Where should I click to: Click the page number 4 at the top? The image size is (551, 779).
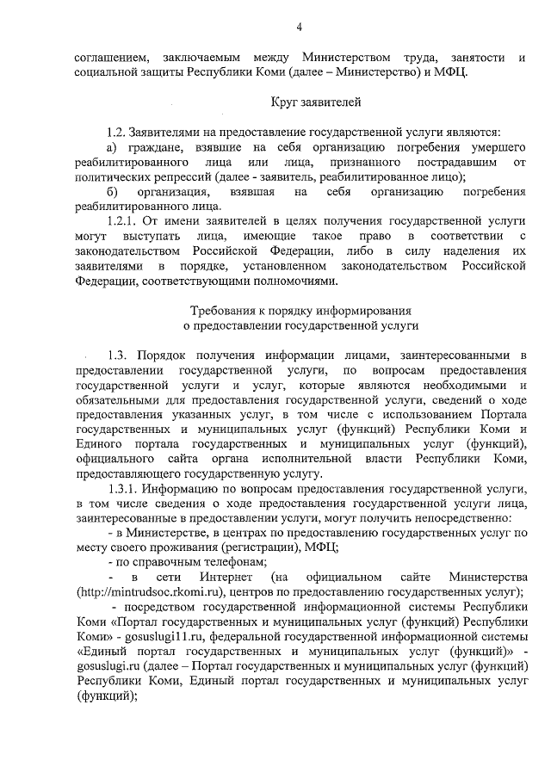(x=299, y=28)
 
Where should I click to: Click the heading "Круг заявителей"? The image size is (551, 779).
(x=300, y=103)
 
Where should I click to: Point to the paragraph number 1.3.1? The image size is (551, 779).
(x=124, y=488)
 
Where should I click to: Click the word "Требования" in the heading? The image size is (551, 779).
(x=225, y=311)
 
